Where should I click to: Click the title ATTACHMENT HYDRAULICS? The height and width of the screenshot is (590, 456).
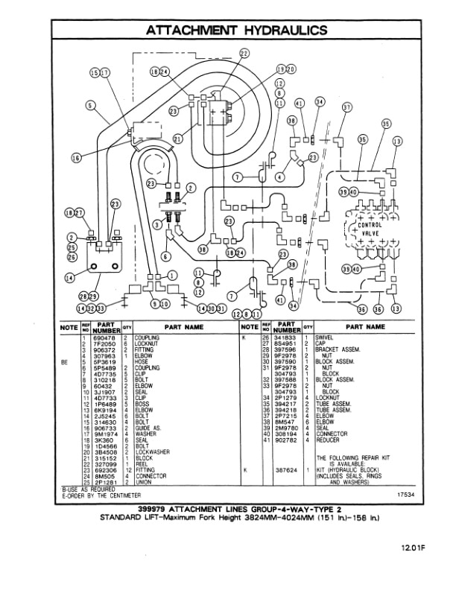pyautogui.click(x=236, y=31)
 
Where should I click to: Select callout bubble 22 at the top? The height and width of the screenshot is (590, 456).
pyautogui.click(x=244, y=53)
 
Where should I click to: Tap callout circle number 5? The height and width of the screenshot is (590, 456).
pyautogui.click(x=89, y=106)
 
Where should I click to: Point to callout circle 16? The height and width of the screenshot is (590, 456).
pyautogui.click(x=76, y=157)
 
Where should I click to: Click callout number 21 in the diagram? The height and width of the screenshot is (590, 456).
pyautogui.click(x=177, y=139)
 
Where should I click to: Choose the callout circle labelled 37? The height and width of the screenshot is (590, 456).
pyautogui.click(x=346, y=107)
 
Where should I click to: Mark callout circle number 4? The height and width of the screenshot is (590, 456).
pyautogui.click(x=279, y=177)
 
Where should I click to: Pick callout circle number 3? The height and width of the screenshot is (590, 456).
pyautogui.click(x=157, y=224)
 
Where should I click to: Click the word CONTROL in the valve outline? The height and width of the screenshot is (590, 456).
pyautogui.click(x=370, y=224)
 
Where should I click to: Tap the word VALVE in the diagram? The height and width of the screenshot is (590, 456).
pyautogui.click(x=370, y=233)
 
